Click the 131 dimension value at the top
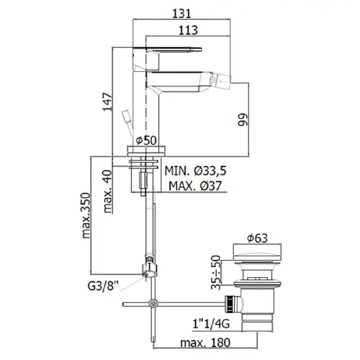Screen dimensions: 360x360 (x=181, y=13)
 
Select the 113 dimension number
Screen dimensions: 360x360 (x=188, y=30)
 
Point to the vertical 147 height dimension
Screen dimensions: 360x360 (x=107, y=102)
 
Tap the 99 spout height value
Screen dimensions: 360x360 (x=243, y=120)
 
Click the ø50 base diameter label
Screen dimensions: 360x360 (x=146, y=140)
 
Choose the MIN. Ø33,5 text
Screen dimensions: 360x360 (x=195, y=171)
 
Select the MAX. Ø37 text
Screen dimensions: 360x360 (x=195, y=186)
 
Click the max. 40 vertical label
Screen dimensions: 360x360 (x=107, y=192)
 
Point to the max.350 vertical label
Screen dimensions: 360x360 (x=86, y=215)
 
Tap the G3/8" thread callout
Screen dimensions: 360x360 (x=103, y=286)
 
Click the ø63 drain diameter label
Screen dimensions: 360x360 (x=257, y=238)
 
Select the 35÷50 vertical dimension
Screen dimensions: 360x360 (x=216, y=272)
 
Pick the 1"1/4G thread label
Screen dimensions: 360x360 (x=211, y=324)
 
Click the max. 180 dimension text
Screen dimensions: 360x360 (x=205, y=343)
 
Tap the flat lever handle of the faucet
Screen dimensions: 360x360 (x=167, y=49)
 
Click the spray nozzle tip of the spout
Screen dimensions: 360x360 (x=221, y=78)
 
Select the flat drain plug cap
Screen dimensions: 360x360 (x=257, y=252)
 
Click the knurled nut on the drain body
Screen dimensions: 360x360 (x=229, y=305)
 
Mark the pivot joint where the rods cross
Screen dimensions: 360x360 (x=153, y=304)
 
